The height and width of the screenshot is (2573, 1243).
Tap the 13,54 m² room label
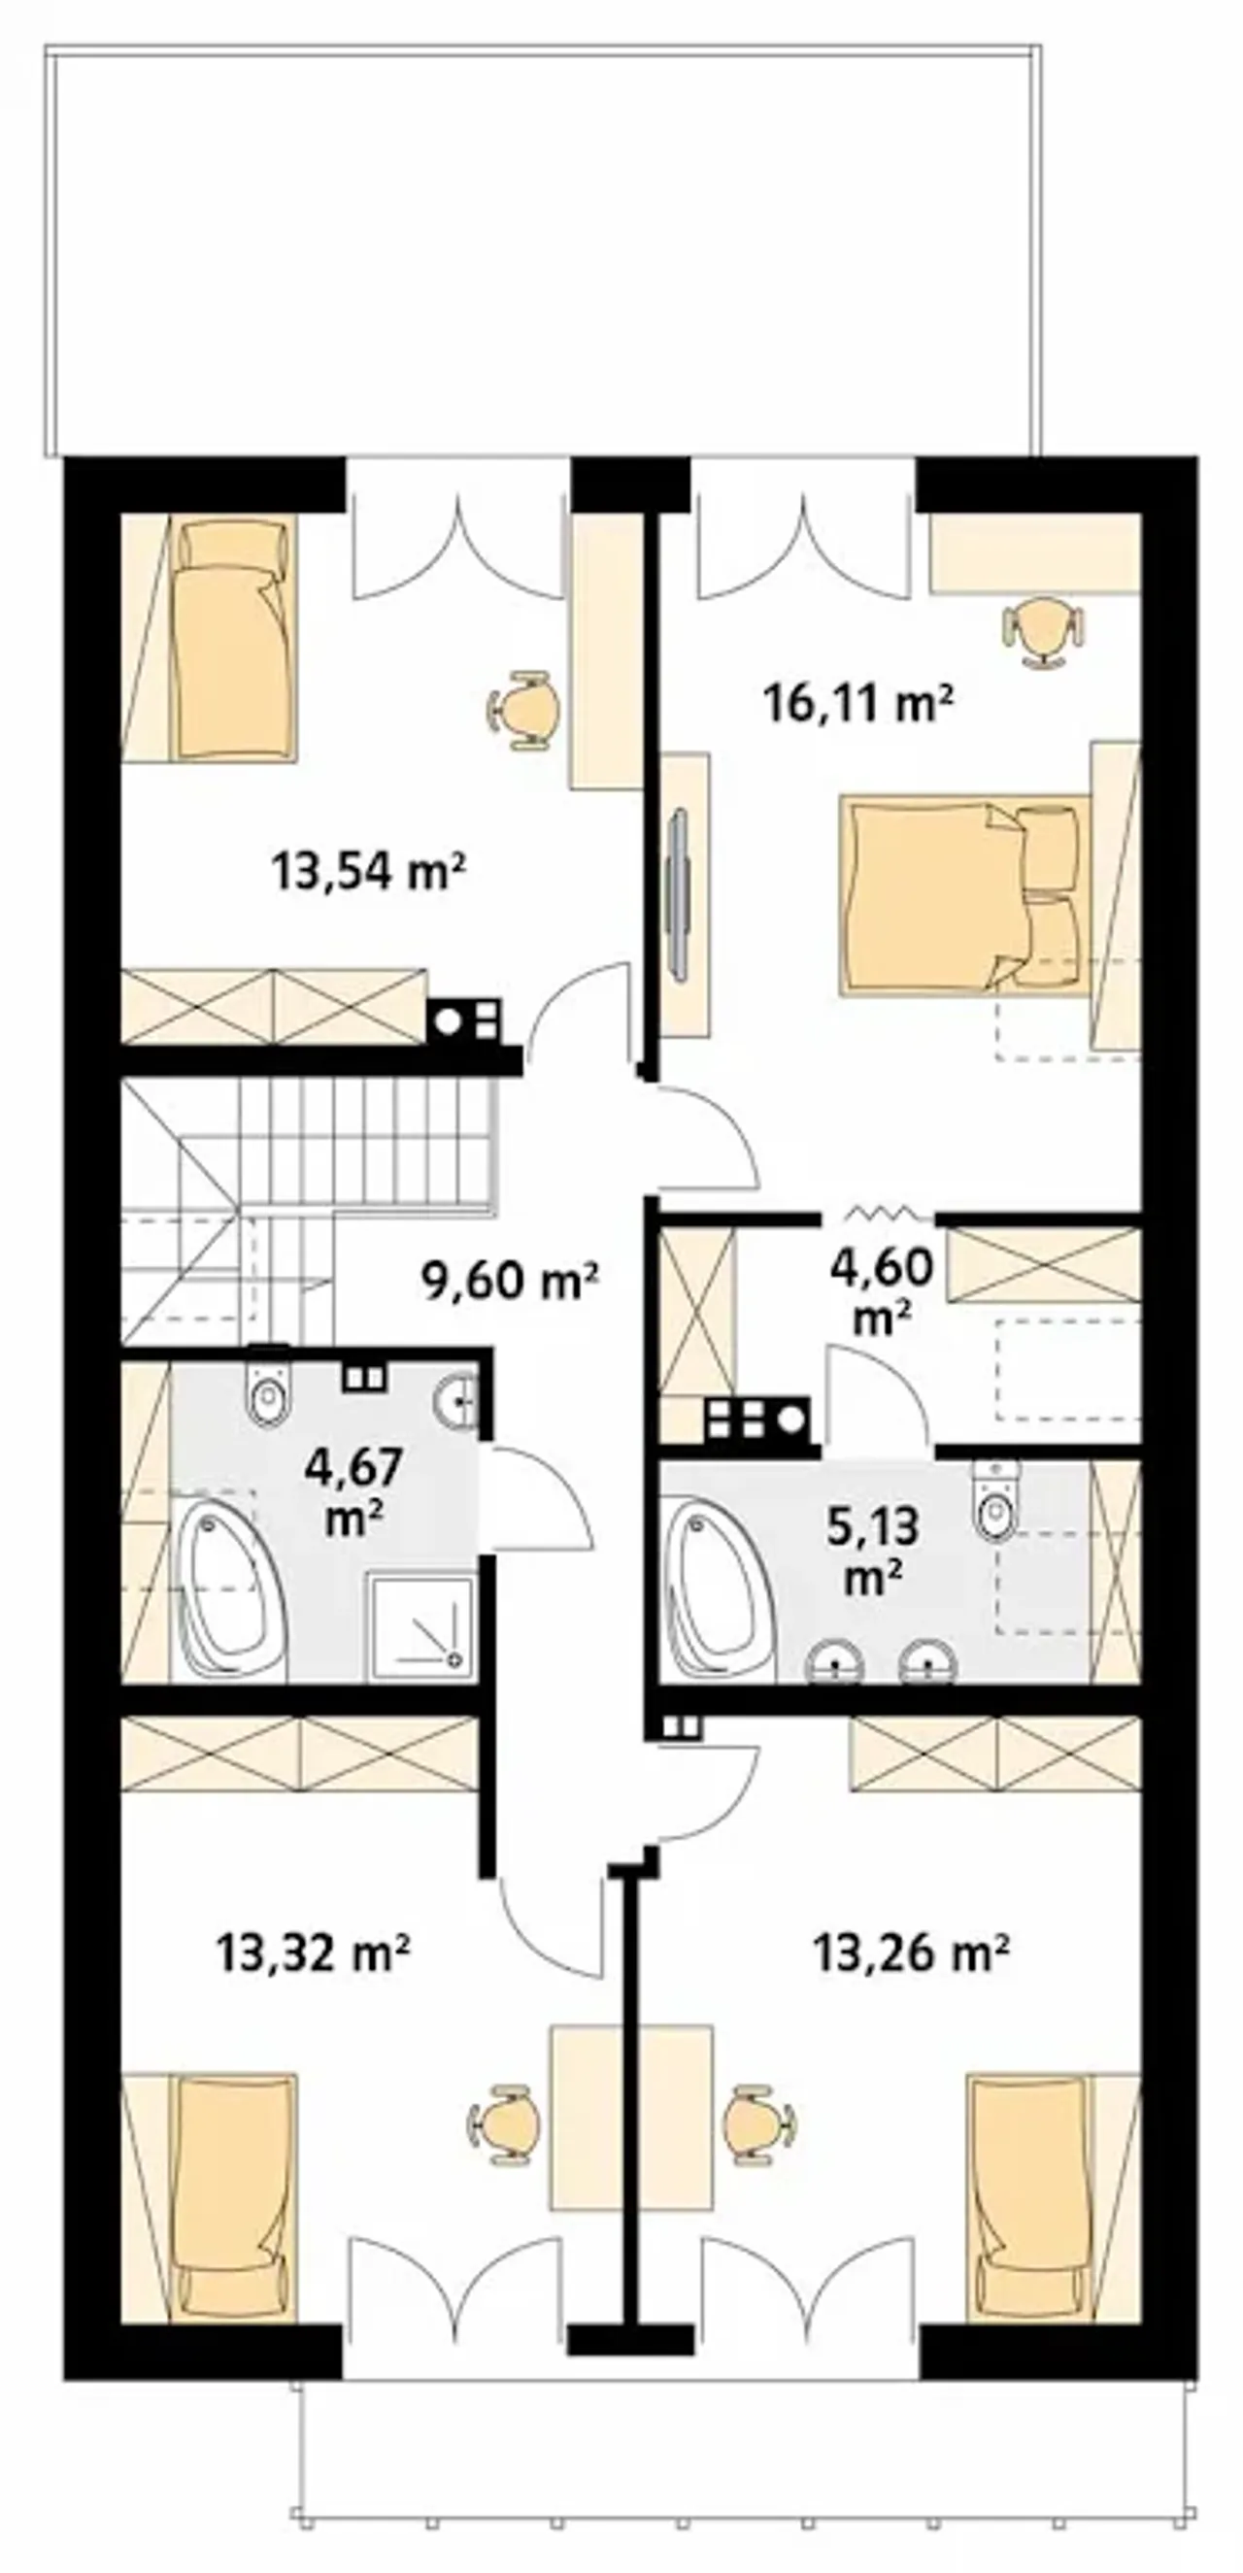369,871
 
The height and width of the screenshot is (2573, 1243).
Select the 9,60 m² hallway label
511,1281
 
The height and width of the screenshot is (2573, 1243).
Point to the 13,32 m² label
314,1952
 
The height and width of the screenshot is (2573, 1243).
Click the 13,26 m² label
911,1952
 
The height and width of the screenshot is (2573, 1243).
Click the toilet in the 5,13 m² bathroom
996,1501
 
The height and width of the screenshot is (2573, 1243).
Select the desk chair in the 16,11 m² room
1043,630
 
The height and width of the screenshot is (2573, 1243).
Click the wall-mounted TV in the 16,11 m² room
679,895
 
